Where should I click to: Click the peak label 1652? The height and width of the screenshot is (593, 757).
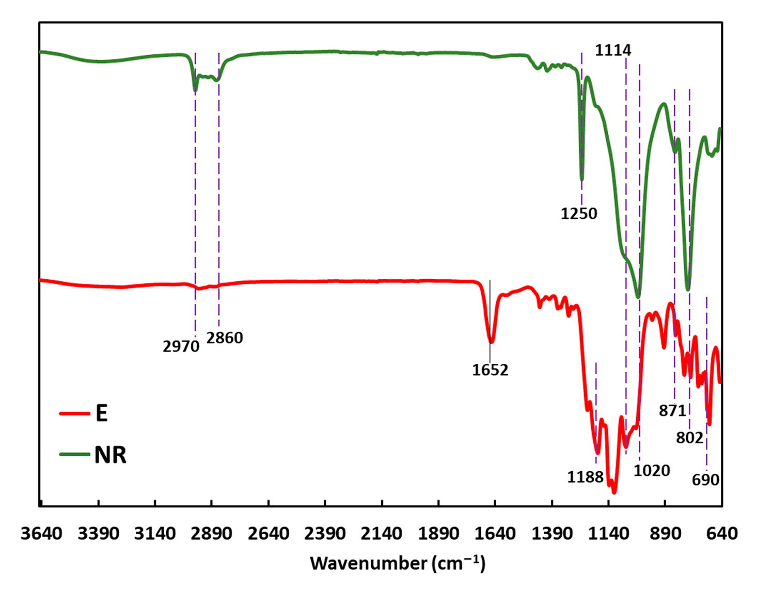490,370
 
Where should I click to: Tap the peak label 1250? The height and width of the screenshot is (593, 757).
578,213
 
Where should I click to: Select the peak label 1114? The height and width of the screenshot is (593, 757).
612,50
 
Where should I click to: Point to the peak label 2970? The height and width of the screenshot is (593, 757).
181,346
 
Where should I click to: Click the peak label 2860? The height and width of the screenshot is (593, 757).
225,338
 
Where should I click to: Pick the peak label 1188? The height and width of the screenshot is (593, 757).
585,477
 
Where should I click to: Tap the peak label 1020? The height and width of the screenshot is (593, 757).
652,470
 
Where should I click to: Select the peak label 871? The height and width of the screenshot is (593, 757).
672,410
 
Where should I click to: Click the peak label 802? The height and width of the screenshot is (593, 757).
689,438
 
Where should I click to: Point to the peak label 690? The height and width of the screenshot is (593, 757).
705,479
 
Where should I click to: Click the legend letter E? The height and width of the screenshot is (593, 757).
102,413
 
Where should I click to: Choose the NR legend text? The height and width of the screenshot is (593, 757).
110,455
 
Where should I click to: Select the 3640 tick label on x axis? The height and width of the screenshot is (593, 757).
41,533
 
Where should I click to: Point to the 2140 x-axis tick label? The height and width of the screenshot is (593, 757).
382,533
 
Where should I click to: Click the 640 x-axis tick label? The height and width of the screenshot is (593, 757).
721,533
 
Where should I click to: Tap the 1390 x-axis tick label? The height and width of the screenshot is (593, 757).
551,533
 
